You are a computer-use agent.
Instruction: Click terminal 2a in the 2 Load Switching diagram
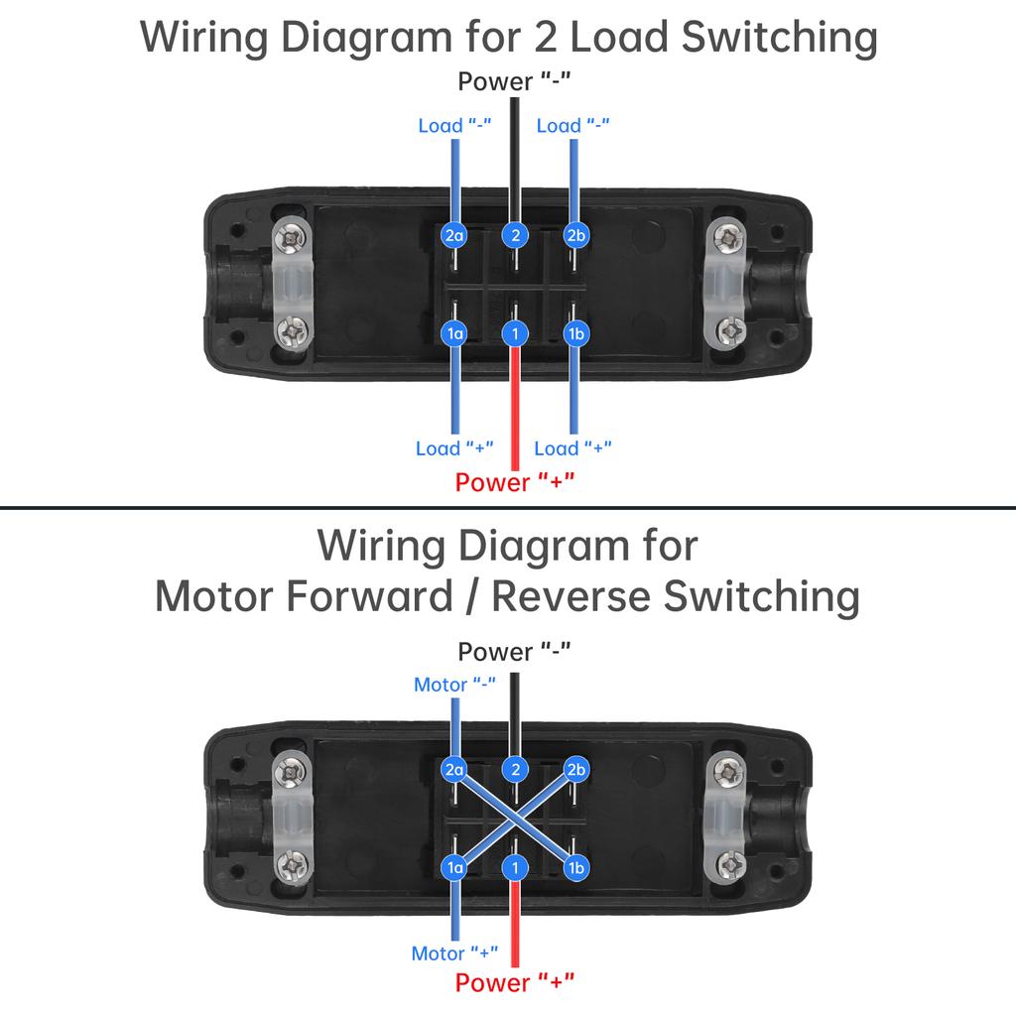point(454,235)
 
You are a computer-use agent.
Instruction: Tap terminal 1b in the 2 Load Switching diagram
point(574,333)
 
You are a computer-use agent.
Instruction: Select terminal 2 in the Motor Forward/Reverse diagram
point(515,769)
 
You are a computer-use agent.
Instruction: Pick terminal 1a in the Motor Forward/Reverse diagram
point(454,868)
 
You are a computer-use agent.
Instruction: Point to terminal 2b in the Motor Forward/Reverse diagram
point(575,769)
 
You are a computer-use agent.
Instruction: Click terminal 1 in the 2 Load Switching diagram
point(515,333)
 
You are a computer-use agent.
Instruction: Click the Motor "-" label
point(454,685)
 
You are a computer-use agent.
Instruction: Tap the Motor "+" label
point(454,953)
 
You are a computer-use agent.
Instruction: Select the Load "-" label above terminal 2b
point(572,125)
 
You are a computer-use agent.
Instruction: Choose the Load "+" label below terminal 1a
point(454,448)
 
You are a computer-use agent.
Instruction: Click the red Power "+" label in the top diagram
point(515,482)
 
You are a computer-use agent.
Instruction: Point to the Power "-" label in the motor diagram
point(515,652)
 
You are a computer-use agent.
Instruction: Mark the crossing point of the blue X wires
point(515,819)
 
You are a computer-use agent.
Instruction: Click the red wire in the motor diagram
point(515,923)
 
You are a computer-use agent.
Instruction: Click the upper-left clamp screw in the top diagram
point(292,237)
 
